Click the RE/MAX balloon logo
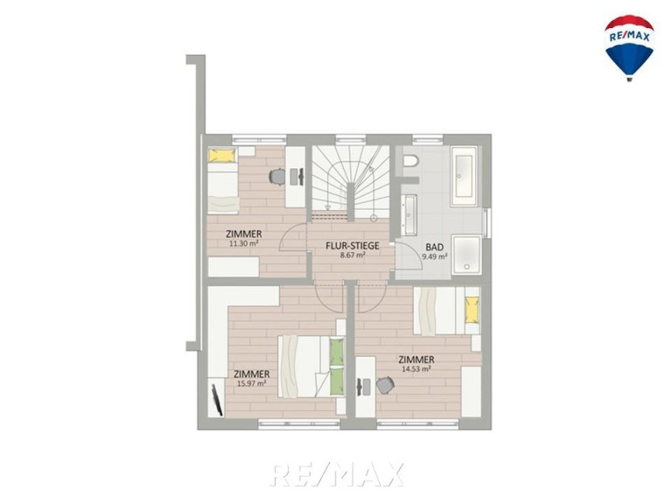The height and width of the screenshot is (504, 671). click(629, 48)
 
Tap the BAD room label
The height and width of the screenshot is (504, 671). click(434, 248)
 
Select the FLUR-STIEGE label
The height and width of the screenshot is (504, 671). click(353, 246)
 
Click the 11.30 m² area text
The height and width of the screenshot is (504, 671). click(243, 243)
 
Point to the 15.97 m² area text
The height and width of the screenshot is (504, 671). click(252, 383)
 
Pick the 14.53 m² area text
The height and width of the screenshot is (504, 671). click(416, 368)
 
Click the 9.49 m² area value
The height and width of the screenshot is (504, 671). click(435, 256)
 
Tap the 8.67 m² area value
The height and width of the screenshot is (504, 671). click(353, 255)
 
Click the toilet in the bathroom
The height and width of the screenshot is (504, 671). click(411, 161)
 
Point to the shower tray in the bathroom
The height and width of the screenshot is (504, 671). click(466, 255)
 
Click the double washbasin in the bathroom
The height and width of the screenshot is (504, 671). click(409, 214)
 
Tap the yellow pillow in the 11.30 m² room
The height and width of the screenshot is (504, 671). click(222, 155)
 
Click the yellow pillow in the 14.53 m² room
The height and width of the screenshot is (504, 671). click(472, 311)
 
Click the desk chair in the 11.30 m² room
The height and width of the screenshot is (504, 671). click(277, 176)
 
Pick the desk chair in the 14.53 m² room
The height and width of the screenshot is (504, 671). click(385, 385)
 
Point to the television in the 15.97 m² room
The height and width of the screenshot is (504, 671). click(217, 400)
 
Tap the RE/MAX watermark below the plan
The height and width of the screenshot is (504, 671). click(337, 474)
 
